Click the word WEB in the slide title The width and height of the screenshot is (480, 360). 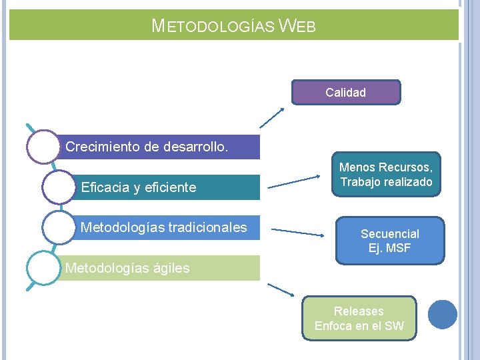pos(297,27)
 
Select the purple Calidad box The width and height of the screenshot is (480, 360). pos(346,93)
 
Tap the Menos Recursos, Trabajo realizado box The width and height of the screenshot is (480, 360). pos(386,175)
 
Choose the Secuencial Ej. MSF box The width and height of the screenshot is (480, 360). pos(390,241)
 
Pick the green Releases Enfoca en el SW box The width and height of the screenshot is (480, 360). pos(359,319)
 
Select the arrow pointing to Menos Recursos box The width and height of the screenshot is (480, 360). pos(293,182)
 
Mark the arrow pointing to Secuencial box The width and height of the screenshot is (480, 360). pos(297,232)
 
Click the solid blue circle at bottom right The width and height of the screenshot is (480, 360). pos(442,314)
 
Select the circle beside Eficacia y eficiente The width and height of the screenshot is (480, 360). pos(58,187)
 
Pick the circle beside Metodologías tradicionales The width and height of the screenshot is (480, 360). pos(58,227)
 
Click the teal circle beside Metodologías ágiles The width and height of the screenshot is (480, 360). pos(43,268)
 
